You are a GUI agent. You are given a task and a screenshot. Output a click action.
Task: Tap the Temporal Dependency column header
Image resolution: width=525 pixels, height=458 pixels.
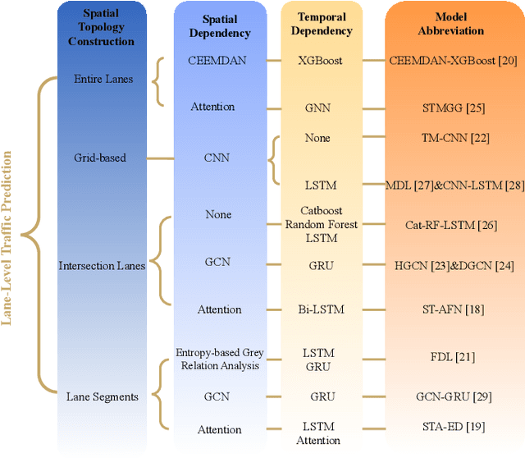322,25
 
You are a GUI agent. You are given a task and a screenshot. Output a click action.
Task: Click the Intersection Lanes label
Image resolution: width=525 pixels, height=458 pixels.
102,265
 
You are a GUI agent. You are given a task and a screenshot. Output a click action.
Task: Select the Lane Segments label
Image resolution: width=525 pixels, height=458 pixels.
102,396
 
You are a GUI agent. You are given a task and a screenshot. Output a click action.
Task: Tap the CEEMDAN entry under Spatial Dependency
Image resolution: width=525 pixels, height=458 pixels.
217,60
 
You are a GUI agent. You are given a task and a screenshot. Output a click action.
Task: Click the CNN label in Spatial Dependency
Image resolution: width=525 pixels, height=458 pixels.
217,158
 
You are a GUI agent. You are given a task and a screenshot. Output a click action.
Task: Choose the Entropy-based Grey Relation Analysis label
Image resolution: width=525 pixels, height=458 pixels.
217,358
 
